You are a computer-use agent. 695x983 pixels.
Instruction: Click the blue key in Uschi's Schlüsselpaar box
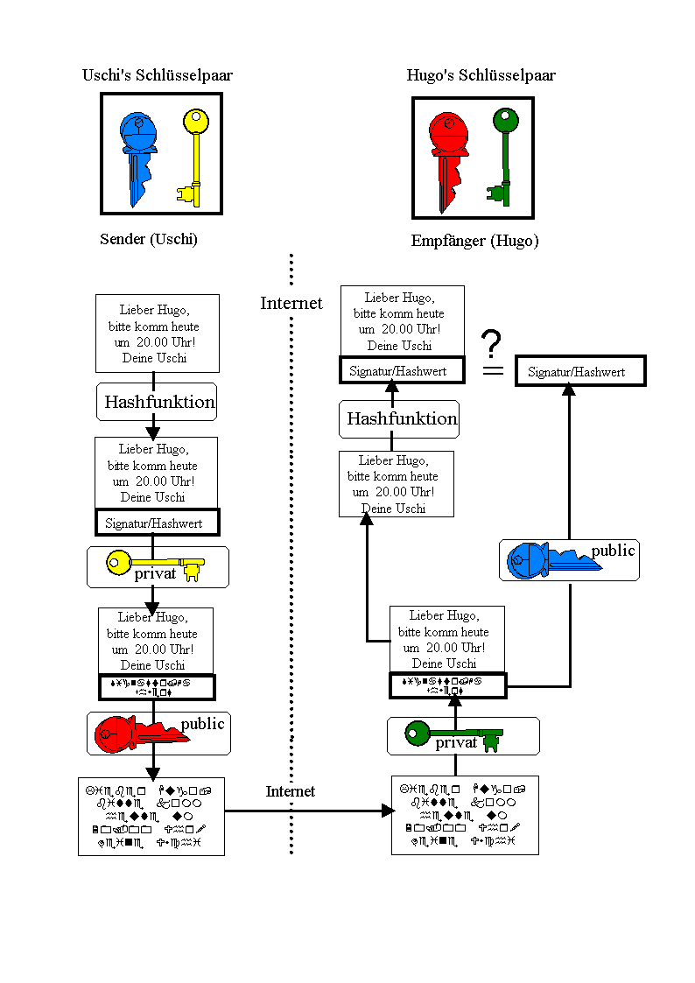tap(137, 153)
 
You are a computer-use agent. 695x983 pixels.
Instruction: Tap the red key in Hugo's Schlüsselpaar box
tap(449, 158)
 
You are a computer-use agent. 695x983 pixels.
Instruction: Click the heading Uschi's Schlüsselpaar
tap(158, 75)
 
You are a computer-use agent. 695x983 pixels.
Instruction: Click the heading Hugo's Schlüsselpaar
tap(481, 75)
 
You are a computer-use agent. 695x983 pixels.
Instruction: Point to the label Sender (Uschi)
tap(149, 239)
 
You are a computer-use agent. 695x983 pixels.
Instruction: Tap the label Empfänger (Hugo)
tap(474, 241)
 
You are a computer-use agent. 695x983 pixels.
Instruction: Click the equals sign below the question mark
tap(495, 371)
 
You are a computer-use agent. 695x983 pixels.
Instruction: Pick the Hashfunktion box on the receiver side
tap(400, 418)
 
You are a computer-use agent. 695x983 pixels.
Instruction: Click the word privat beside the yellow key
tap(155, 574)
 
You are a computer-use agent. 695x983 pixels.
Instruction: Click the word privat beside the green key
tap(457, 743)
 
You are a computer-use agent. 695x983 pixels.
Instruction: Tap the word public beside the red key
tap(203, 724)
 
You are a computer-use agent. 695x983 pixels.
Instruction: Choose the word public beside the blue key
tap(613, 551)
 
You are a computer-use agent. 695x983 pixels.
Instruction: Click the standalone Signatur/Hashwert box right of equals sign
tap(580, 371)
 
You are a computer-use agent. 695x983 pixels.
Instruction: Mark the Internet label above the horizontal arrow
tap(291, 791)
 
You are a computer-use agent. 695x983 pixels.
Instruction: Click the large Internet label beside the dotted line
tap(291, 304)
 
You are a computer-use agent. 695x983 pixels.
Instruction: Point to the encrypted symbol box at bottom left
tap(151, 816)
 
